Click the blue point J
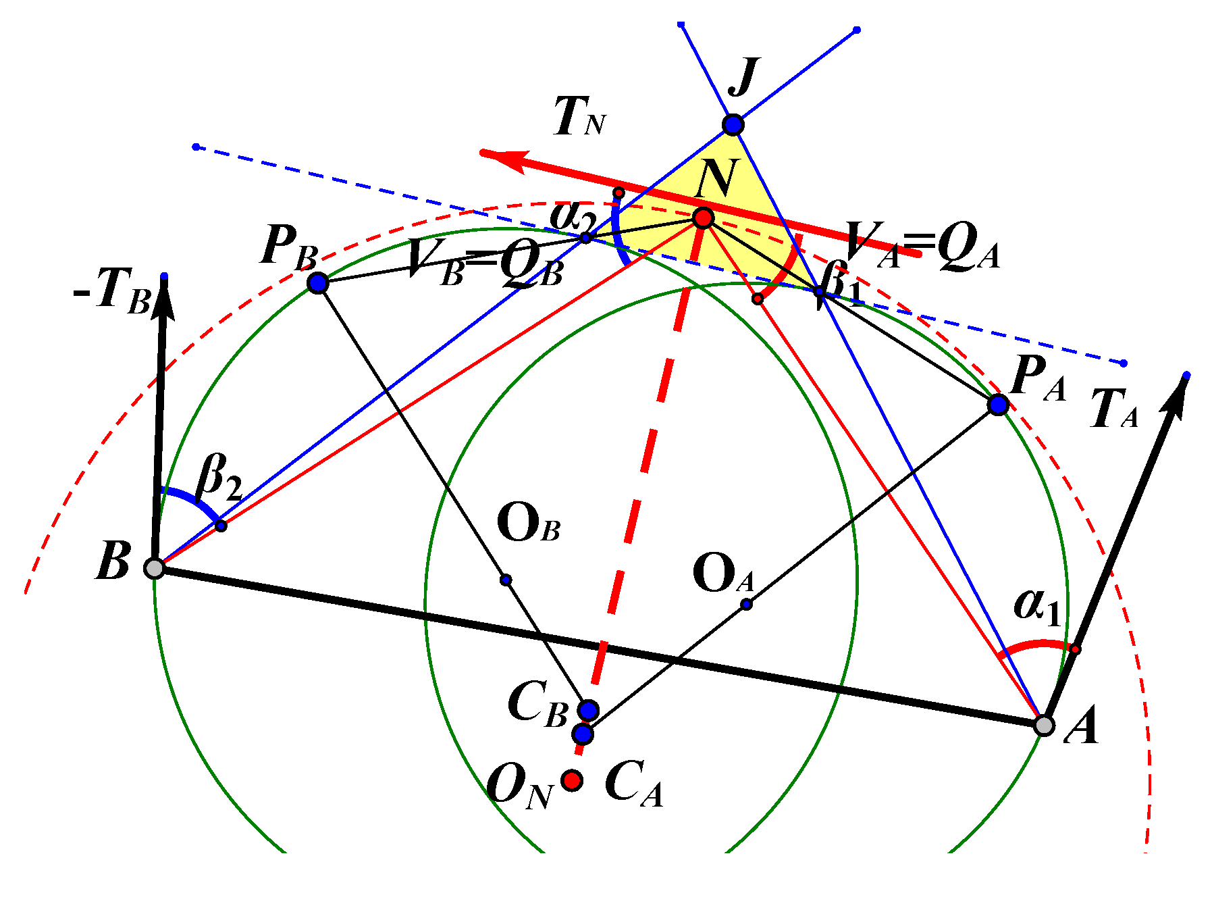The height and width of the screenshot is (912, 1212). click(733, 125)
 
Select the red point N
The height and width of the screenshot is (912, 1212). click(703, 218)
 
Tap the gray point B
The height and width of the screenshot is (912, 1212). click(155, 568)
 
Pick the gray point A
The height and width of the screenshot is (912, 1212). click(1044, 726)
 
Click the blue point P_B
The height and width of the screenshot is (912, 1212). click(318, 282)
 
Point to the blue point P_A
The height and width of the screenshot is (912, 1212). click(998, 405)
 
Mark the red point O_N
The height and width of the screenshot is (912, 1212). click(573, 780)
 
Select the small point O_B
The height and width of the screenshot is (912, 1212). click(506, 580)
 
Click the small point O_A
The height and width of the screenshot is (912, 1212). click(746, 604)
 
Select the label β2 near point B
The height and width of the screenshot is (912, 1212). click(218, 478)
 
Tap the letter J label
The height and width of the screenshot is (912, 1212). click(744, 76)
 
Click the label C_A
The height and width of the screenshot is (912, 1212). click(633, 784)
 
